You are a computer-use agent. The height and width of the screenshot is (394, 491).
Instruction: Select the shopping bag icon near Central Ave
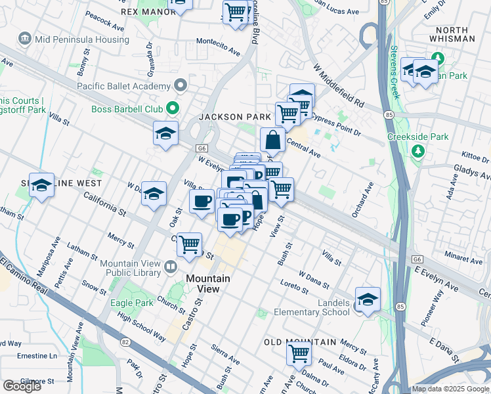(272, 139)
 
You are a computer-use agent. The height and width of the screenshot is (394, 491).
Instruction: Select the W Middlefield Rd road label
(339, 85)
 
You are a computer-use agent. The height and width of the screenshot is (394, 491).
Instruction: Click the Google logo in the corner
(22, 386)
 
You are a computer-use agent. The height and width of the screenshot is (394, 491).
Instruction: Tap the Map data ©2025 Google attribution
(450, 389)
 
